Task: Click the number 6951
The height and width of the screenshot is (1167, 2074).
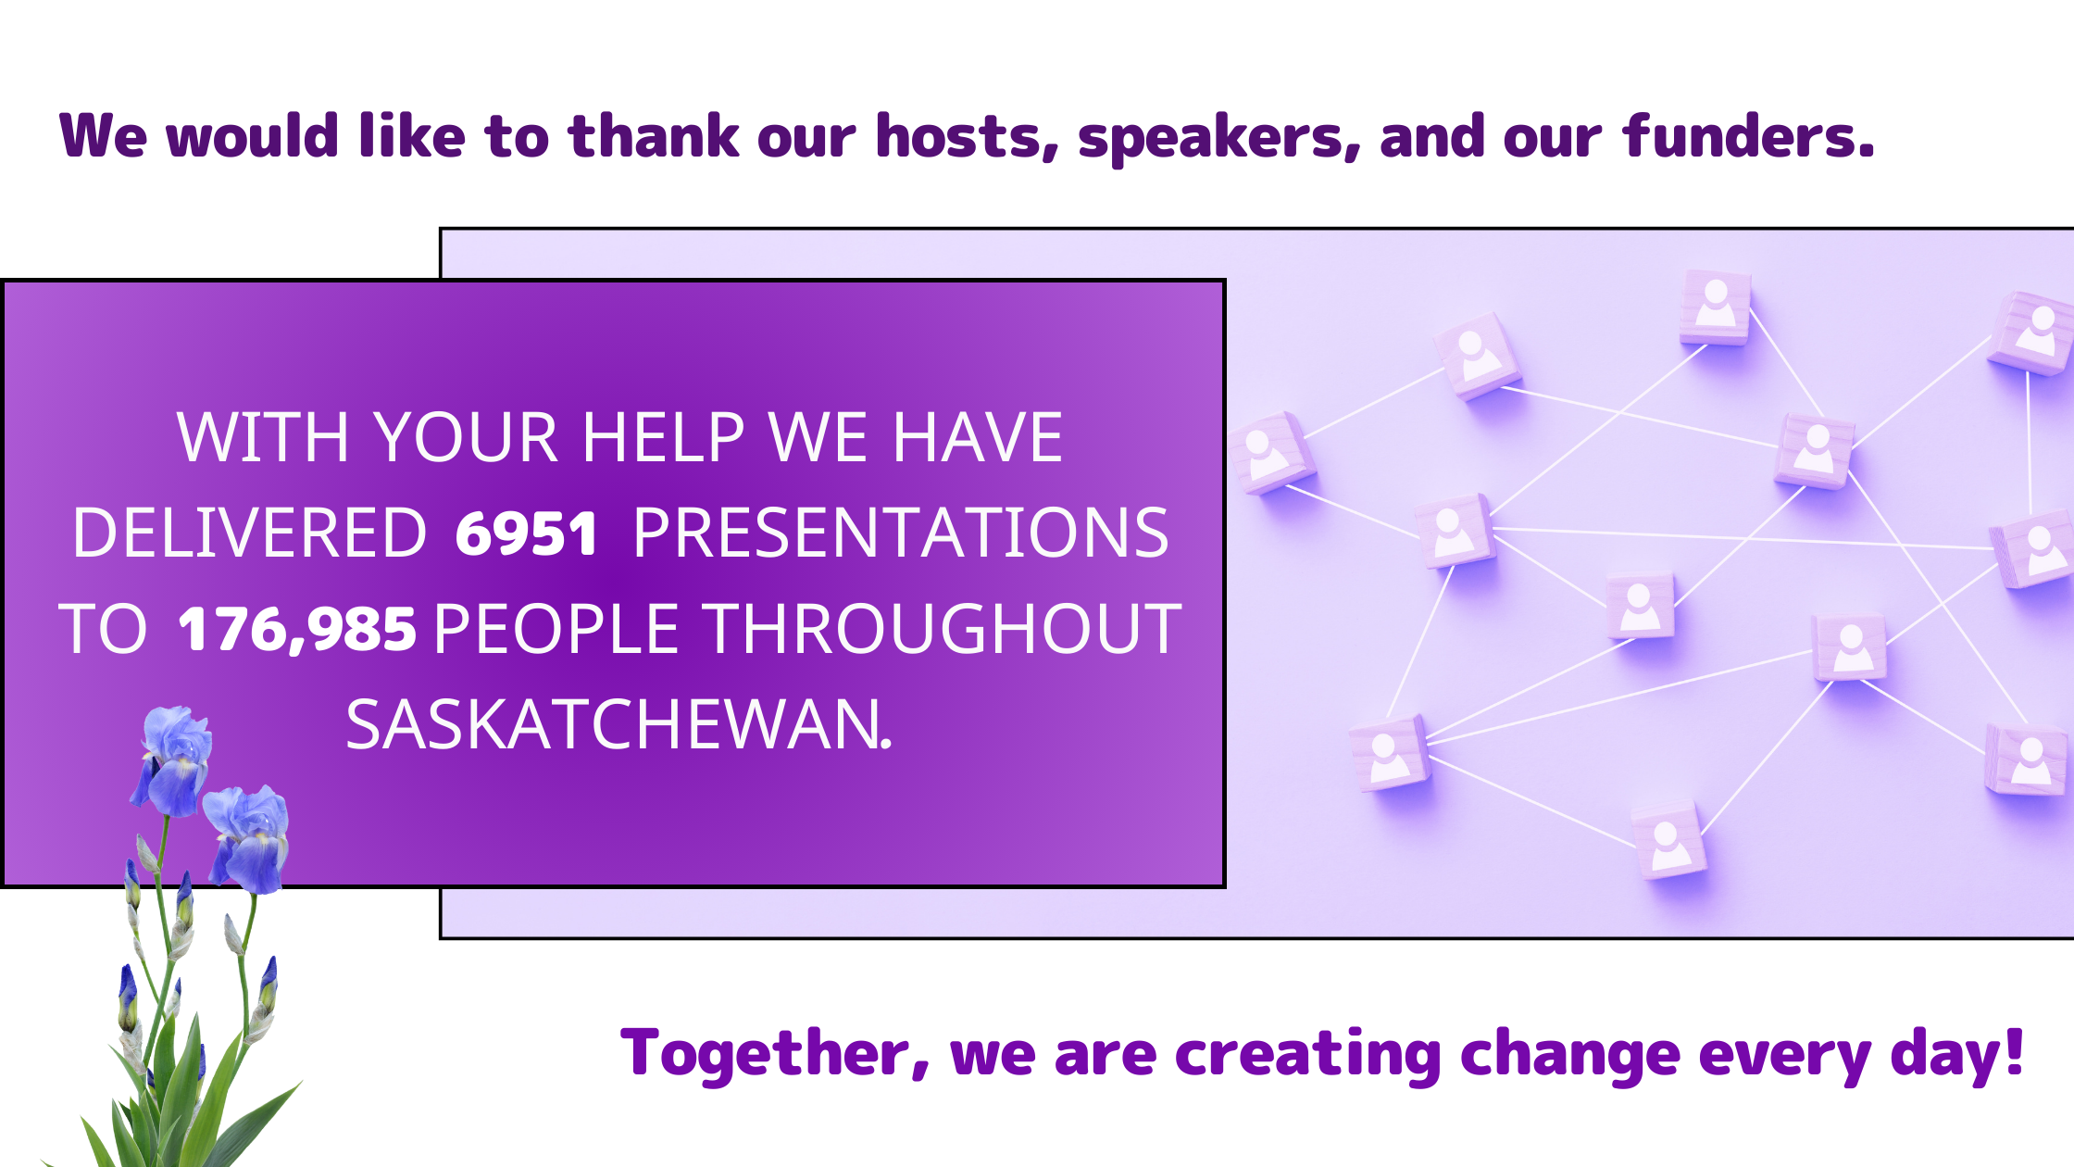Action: pyautogui.click(x=526, y=534)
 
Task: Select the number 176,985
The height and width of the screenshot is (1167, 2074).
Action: pyautogui.click(x=296, y=630)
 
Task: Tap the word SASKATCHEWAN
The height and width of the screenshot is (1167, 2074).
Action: pyautogui.click(x=618, y=725)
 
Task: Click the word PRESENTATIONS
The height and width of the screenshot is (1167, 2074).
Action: pyautogui.click(x=901, y=533)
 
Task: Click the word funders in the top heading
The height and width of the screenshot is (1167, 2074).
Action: pyautogui.click(x=1748, y=136)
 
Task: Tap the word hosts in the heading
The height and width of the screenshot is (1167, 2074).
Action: pyautogui.click(x=968, y=137)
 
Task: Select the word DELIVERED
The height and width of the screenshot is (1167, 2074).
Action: pyautogui.click(x=249, y=533)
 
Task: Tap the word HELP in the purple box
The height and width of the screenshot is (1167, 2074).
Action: pyautogui.click(x=663, y=437)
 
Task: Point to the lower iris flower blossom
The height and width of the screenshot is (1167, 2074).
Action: pyautogui.click(x=247, y=838)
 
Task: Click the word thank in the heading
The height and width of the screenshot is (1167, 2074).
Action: pyautogui.click(x=654, y=136)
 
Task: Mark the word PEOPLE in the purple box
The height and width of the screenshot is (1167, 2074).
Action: pyautogui.click(x=556, y=630)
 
